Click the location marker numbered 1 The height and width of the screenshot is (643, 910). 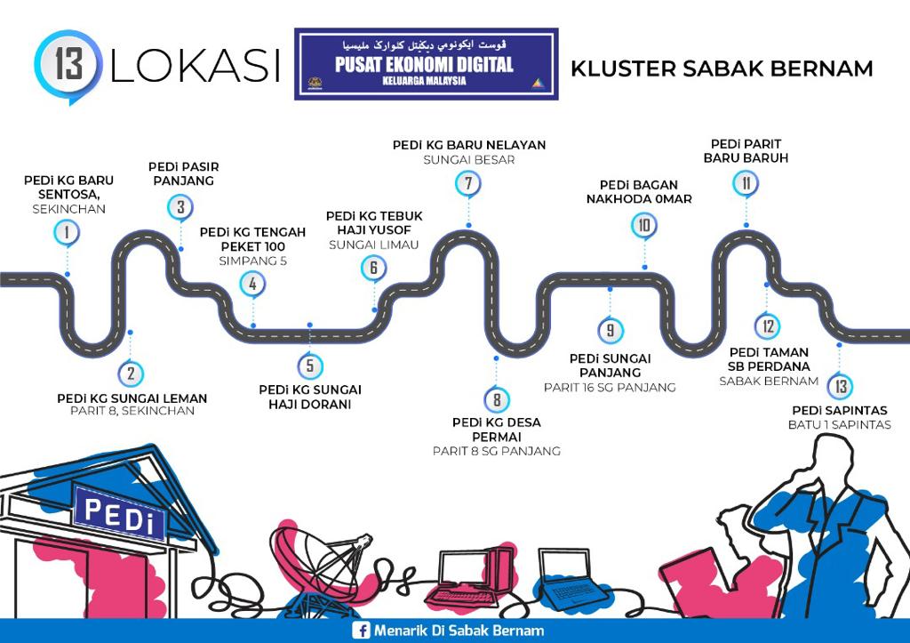65,233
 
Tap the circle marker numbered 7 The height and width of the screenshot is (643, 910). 467,184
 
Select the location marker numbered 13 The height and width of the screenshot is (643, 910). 840,387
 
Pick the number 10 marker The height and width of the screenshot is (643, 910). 644,226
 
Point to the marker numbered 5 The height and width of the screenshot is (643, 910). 309,366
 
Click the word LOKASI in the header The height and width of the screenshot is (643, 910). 195,68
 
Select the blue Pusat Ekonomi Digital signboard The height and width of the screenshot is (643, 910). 427,64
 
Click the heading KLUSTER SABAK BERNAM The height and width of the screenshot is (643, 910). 722,68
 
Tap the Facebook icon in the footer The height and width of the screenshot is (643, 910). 361,631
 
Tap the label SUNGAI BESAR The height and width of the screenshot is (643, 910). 468,161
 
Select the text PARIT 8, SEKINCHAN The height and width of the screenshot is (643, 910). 132,412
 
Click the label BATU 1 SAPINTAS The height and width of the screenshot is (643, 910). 839,425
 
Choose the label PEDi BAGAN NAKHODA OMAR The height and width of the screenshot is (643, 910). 638,191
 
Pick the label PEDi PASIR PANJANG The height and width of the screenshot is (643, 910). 183,173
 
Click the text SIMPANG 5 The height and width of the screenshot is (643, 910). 252,261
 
